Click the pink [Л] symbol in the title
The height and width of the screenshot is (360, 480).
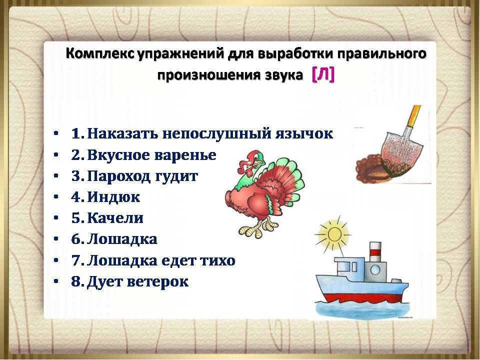[323, 74]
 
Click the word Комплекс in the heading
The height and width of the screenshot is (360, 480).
[100, 54]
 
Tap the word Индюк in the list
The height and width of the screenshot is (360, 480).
[113, 197]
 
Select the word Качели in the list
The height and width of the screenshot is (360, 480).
[115, 218]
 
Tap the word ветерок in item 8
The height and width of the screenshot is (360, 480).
[157, 281]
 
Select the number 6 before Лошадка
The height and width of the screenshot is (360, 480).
[76, 239]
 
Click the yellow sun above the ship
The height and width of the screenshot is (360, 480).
[332, 233]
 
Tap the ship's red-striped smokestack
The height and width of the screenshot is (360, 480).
[375, 251]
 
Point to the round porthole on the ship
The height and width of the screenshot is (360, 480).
[375, 270]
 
